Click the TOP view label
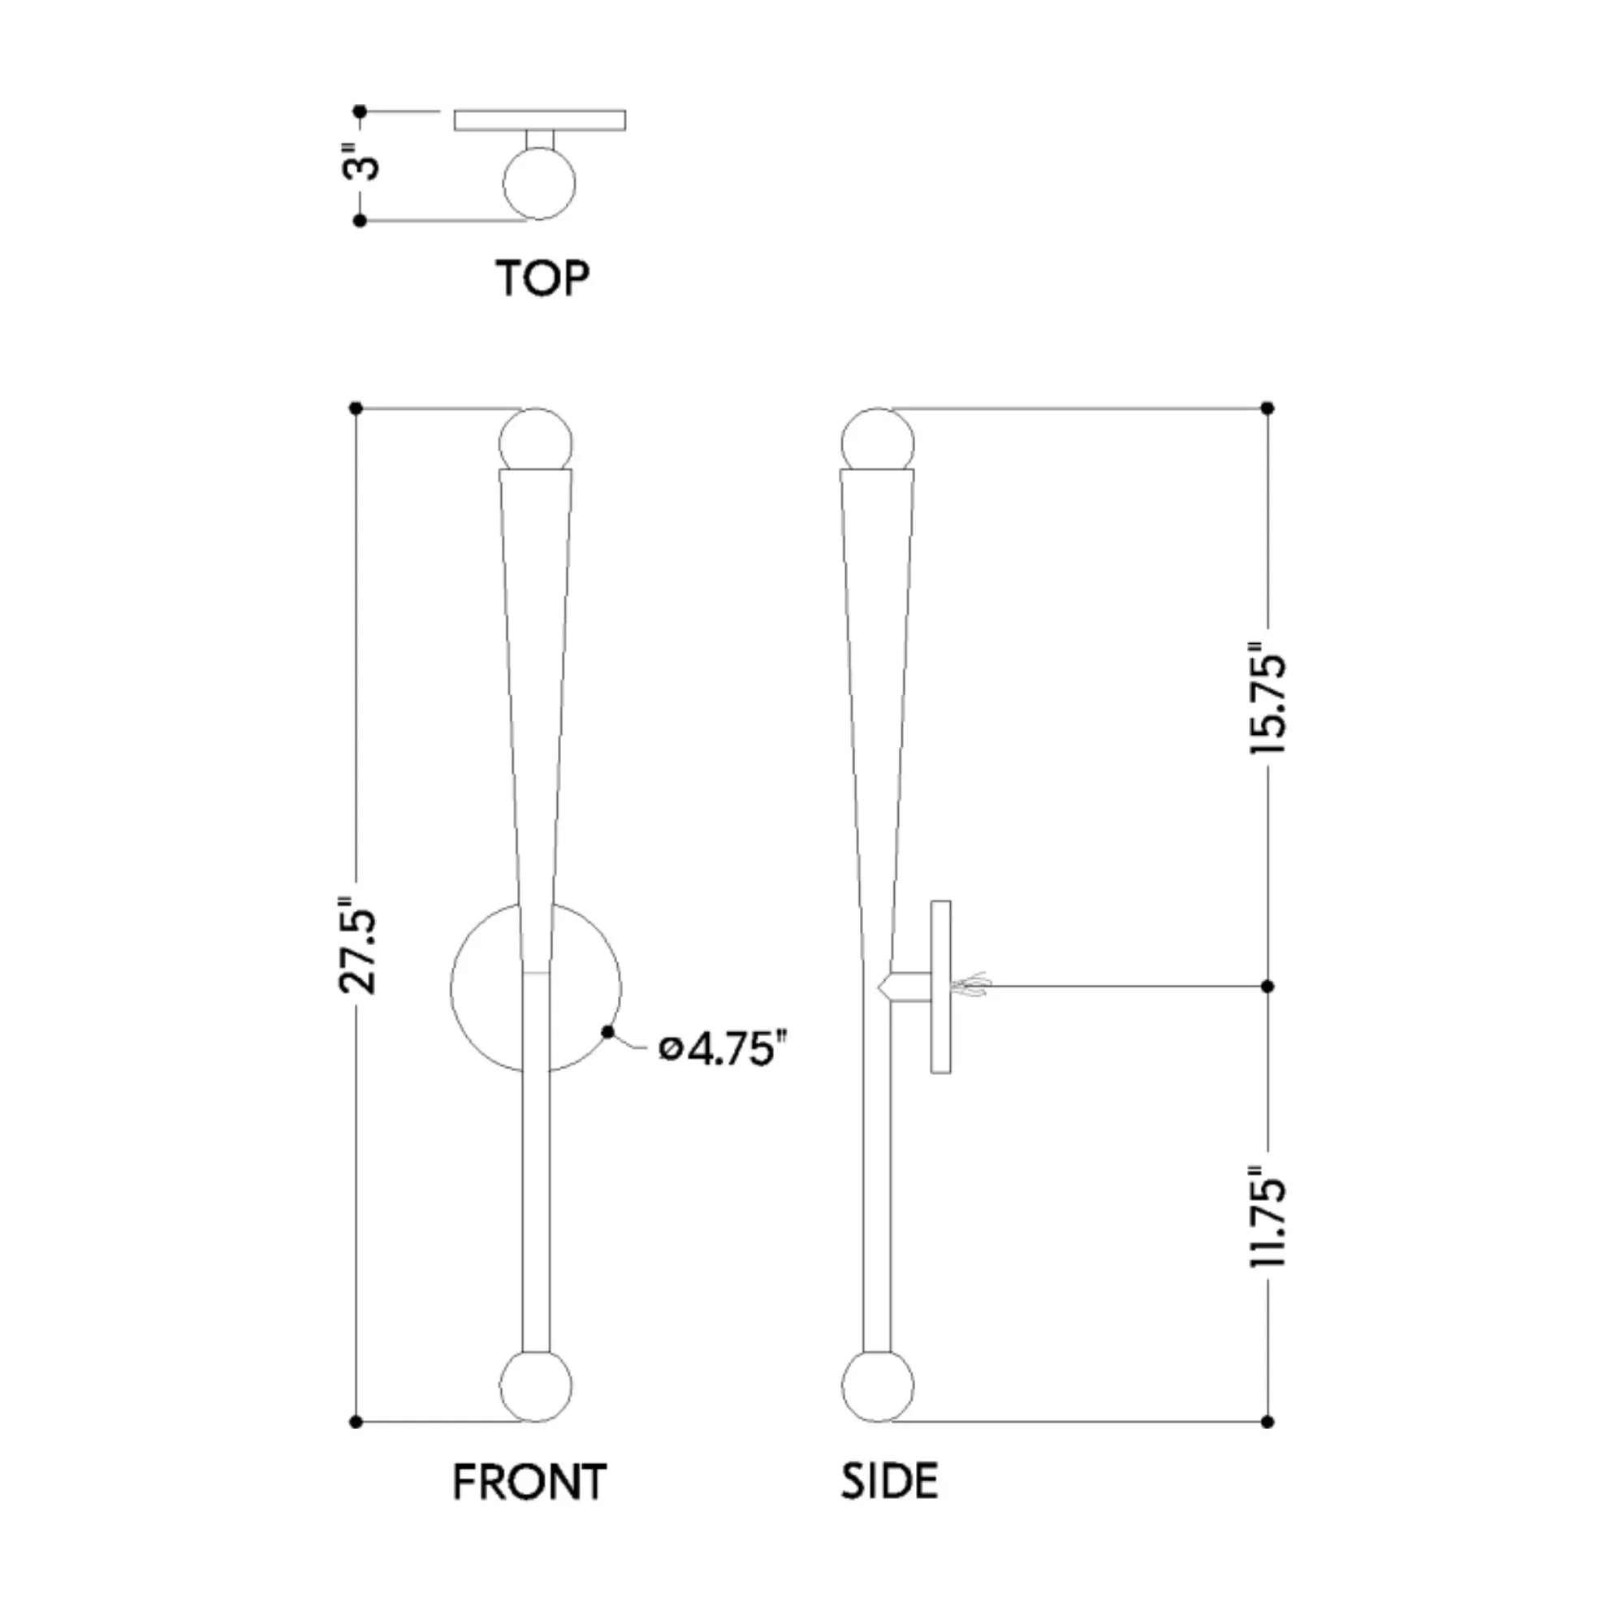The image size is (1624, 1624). click(542, 278)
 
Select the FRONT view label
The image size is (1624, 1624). click(529, 1482)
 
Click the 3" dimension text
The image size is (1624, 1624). click(362, 166)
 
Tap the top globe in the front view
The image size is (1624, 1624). click(535, 440)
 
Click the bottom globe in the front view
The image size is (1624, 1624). click(535, 1387)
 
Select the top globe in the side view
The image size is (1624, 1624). click(878, 440)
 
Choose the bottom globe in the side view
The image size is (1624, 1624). click(878, 1387)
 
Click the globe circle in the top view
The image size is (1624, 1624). click(539, 184)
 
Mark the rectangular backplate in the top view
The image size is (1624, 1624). click(540, 120)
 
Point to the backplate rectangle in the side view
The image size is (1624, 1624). click(940, 987)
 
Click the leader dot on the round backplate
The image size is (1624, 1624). click(607, 1032)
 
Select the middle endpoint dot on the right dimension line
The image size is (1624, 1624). click(1268, 986)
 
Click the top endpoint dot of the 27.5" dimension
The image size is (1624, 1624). click(356, 408)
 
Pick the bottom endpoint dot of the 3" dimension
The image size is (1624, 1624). click(360, 221)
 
